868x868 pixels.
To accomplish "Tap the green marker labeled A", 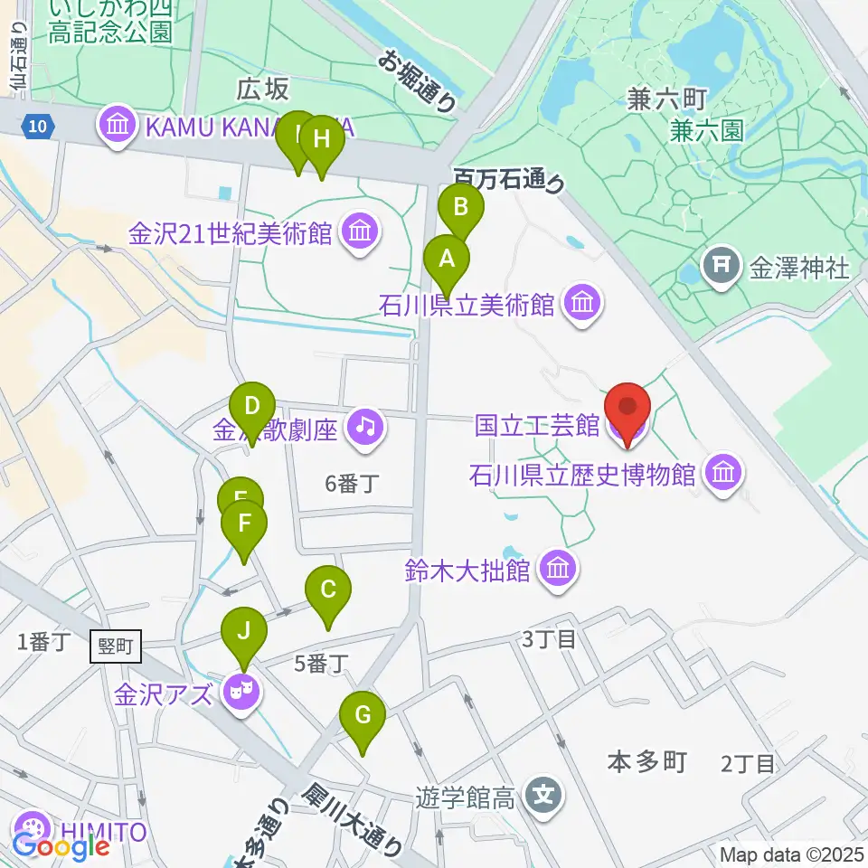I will [447, 260].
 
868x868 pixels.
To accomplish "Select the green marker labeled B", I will [461, 208].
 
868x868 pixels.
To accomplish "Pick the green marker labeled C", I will [328, 590].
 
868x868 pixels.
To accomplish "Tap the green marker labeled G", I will [363, 716].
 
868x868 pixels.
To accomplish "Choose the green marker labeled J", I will [244, 631].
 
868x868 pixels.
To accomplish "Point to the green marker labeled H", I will [322, 140].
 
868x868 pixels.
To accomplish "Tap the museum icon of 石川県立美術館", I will [580, 304].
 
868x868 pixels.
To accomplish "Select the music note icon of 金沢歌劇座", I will [365, 426].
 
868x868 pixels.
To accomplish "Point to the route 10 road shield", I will [34, 127].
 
